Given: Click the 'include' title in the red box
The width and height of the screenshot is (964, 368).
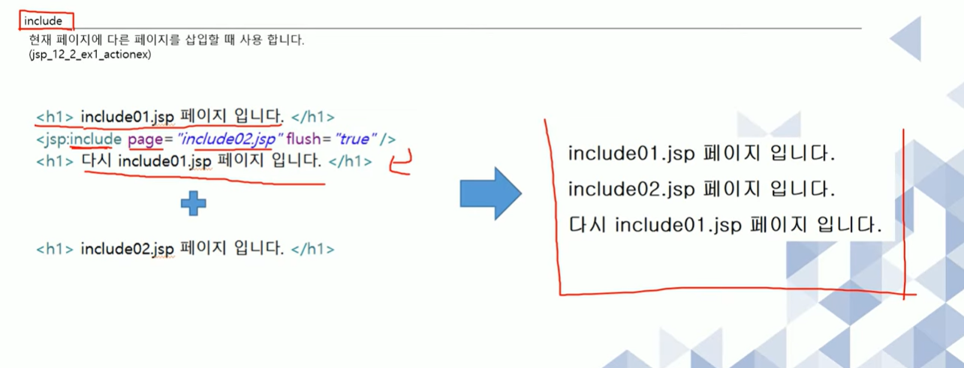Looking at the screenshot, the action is pos(44,21).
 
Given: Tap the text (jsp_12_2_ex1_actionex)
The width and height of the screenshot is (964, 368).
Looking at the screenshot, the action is pos(89,55).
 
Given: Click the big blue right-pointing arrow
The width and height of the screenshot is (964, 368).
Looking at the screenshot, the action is pos(490,193).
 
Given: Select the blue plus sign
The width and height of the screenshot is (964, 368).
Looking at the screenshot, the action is pos(194,203).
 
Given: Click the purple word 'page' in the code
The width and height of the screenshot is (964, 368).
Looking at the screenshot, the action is pos(145,139).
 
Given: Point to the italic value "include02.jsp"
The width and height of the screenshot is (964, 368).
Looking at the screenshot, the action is pos(229,139).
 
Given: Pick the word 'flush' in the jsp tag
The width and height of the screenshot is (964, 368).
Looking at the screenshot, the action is pos(303,139).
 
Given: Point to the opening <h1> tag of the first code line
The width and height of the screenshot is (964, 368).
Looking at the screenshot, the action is pos(54,118).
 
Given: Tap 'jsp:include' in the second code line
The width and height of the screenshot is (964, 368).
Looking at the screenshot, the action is pos(78,139).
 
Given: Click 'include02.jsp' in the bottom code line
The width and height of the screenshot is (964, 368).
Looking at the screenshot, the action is pos(127,249).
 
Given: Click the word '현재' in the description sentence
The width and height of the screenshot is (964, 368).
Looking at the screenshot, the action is pos(38,40).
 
